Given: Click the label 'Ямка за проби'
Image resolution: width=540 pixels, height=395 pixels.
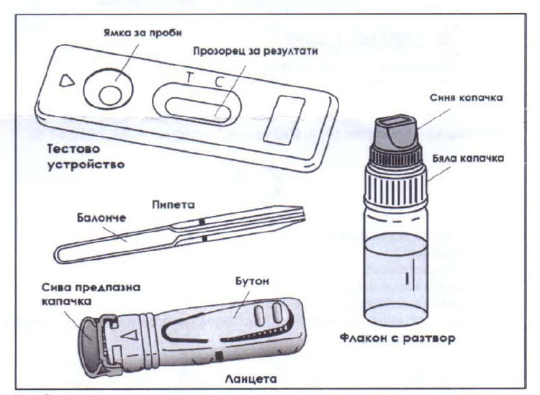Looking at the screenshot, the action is pyautogui.click(x=143, y=32).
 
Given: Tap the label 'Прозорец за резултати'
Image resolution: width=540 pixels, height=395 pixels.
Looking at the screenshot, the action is pyautogui.click(x=255, y=51).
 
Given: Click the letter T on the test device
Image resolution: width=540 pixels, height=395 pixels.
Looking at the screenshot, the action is pyautogui.click(x=189, y=78).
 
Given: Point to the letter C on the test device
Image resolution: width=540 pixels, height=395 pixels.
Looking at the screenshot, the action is pyautogui.click(x=220, y=82).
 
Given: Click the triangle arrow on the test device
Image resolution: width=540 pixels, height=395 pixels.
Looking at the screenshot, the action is pyautogui.click(x=66, y=81).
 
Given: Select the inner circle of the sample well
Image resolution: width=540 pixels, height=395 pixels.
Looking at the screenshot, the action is pyautogui.click(x=110, y=95).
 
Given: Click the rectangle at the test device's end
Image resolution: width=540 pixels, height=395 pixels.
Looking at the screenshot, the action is pyautogui.click(x=284, y=120).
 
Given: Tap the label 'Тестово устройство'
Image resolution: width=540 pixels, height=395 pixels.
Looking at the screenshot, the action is pyautogui.click(x=86, y=157).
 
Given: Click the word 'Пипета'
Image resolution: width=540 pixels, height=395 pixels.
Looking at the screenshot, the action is pyautogui.click(x=174, y=205).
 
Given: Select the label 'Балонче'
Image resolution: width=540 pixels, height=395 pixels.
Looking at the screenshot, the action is pyautogui.click(x=102, y=218).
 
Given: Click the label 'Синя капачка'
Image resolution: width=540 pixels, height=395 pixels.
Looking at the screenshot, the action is pyautogui.click(x=466, y=98).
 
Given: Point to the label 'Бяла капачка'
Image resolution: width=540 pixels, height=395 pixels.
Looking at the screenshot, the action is pyautogui.click(x=468, y=158).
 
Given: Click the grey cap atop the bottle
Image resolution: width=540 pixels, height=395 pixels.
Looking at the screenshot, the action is pyautogui.click(x=396, y=131).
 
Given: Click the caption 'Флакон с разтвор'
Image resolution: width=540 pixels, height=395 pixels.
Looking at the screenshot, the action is pyautogui.click(x=397, y=338).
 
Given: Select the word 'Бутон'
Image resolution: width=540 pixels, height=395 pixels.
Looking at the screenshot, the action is pyautogui.click(x=253, y=281).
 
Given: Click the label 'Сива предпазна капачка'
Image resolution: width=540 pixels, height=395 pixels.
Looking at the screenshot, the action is pyautogui.click(x=91, y=294).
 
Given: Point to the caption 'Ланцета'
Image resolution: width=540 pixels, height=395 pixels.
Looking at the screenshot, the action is pyautogui.click(x=251, y=379).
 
